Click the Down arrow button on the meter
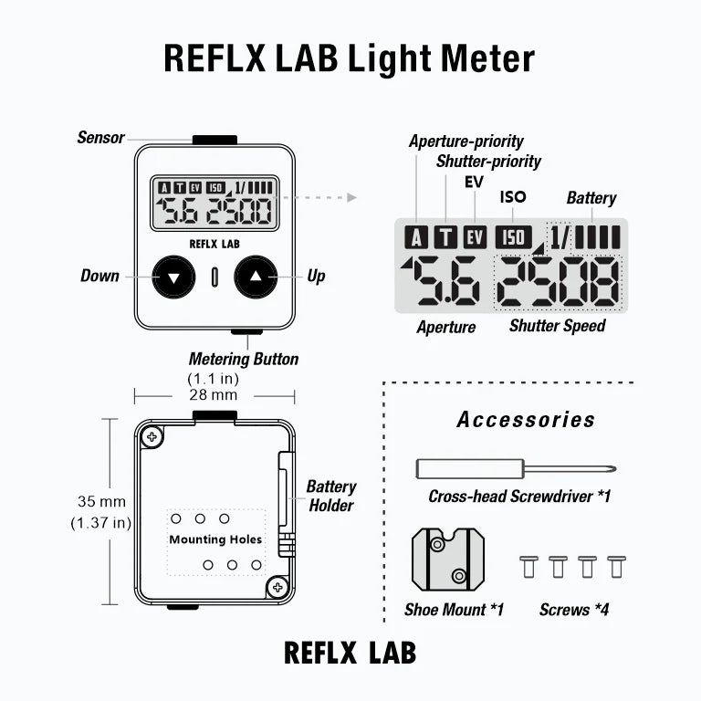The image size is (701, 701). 173,276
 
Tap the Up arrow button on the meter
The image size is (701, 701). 256,276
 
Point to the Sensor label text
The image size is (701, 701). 100,138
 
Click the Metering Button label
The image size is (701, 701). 243,359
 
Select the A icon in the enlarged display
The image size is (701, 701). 416,238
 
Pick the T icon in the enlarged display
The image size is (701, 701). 445,238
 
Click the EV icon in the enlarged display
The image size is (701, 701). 475,238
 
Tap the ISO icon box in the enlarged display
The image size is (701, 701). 513,237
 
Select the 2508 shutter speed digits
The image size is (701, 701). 558,283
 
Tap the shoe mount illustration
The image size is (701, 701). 447,560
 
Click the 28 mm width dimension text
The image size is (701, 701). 213,395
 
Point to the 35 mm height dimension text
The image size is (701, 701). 100,502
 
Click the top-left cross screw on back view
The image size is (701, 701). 152,437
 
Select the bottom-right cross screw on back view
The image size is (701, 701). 277,587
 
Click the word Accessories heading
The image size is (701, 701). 526,420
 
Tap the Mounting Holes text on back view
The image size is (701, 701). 215,539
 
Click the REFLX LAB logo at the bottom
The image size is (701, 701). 350,653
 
